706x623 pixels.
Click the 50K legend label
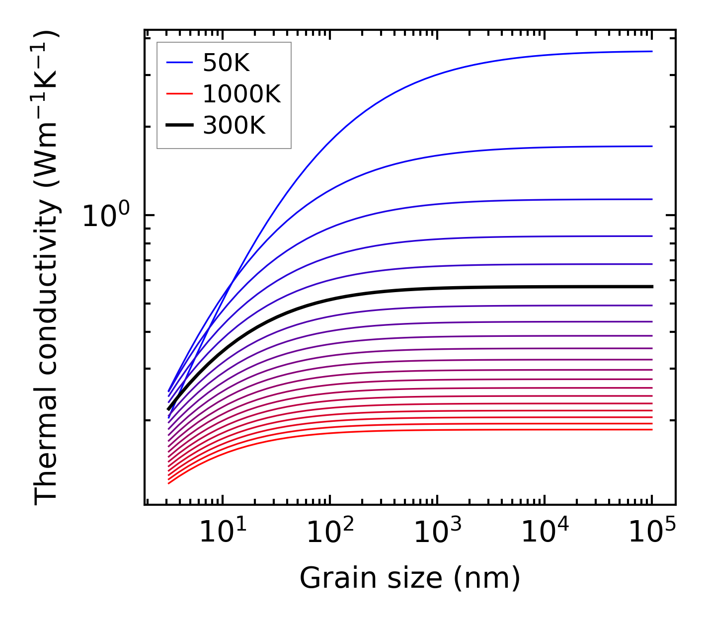[226, 63]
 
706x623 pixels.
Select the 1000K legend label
[241, 94]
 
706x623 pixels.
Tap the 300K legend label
[234, 126]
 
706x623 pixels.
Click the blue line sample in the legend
[179, 63]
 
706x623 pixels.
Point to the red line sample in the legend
[179, 94]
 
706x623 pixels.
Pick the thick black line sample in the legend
[179, 126]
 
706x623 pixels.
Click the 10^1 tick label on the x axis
[223, 533]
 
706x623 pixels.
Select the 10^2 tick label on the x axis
[330, 533]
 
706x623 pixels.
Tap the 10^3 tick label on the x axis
[437, 533]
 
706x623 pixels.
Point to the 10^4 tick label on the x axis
[545, 533]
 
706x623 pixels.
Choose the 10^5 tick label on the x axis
[652, 533]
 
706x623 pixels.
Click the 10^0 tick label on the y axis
[106, 216]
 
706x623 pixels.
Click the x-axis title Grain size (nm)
[410, 579]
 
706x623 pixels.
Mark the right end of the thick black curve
[651, 287]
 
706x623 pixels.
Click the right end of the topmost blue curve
[651, 51]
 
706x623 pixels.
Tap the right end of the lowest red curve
[651, 429]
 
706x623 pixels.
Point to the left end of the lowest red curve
[169, 483]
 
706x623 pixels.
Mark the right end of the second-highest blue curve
[651, 146]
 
